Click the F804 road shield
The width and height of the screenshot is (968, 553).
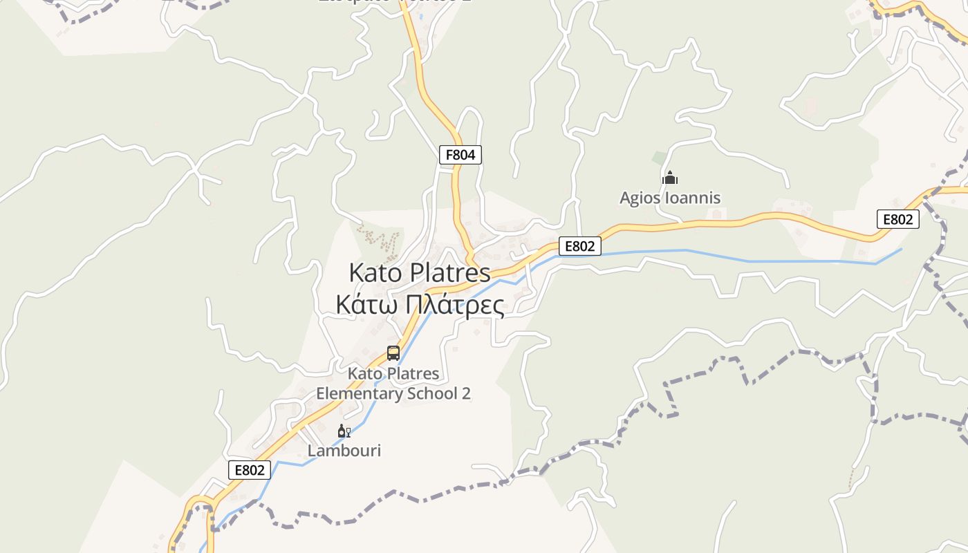tap(460, 155)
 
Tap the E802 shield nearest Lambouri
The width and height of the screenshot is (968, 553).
tap(250, 470)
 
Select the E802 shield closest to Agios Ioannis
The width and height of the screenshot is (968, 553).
tap(580, 245)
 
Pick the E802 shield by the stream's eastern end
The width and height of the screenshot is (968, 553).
tap(898, 219)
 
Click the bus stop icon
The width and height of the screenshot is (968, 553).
tap(393, 353)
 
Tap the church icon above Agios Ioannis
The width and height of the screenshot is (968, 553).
tap(669, 178)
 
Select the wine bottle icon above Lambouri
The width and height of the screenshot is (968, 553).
tap(344, 431)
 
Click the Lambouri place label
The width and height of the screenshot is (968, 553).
tap(344, 451)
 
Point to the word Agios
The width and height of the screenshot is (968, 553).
tap(640, 198)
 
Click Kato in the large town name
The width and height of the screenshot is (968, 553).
tap(375, 272)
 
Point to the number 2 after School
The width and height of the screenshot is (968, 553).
tap(466, 393)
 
